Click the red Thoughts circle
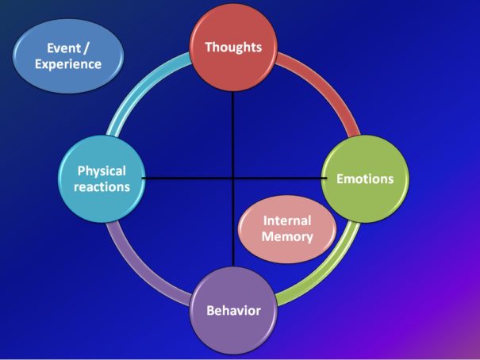point(233,48)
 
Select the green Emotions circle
point(365,179)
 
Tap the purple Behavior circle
point(233,311)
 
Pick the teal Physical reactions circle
point(102,179)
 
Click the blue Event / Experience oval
point(68,56)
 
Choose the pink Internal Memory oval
point(287,229)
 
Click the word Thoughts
point(233,48)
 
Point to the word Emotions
point(365,179)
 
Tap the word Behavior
point(233,311)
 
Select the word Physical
point(102,171)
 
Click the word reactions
point(102,187)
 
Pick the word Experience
point(68,64)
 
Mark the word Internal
point(287,220)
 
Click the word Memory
point(287,236)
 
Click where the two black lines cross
point(233,178)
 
